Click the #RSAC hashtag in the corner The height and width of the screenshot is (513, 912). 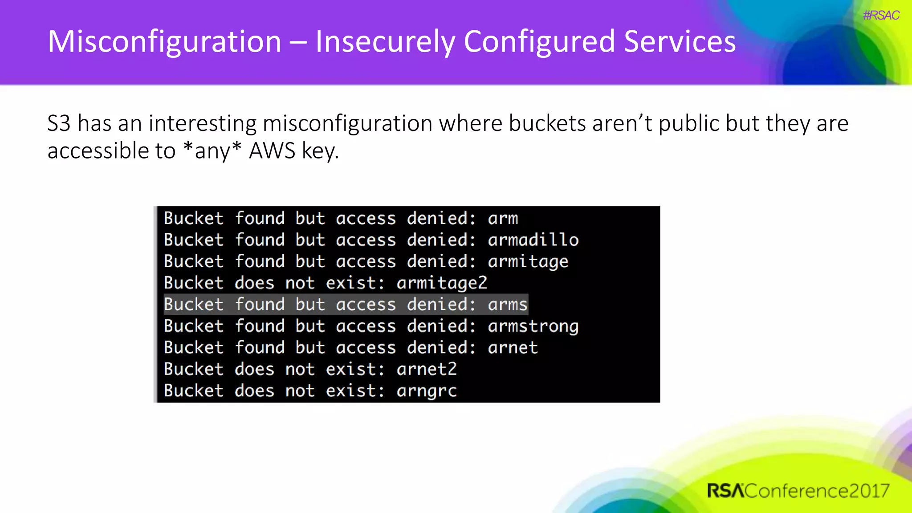(x=881, y=16)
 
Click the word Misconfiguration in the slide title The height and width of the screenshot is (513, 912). (x=164, y=42)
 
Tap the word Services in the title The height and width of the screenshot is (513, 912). (x=680, y=42)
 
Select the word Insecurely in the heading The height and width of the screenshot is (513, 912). (x=385, y=42)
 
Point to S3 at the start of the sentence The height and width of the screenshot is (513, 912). (x=59, y=123)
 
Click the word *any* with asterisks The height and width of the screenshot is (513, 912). (x=212, y=151)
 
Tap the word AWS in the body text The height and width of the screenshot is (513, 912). (x=272, y=151)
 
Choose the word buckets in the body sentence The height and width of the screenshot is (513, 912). (x=547, y=123)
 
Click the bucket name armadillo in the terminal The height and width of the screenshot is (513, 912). (x=533, y=240)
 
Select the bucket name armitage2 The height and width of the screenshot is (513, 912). (x=442, y=283)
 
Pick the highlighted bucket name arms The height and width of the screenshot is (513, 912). (x=507, y=305)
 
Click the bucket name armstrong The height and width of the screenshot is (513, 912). (x=533, y=326)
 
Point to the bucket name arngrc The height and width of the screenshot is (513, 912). (x=427, y=391)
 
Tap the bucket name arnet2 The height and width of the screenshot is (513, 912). (x=427, y=369)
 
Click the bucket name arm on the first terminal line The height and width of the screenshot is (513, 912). (x=503, y=219)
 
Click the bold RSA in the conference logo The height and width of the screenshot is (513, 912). (x=725, y=491)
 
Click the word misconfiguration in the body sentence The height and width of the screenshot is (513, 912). (x=347, y=123)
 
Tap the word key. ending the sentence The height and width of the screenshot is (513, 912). (x=320, y=151)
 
